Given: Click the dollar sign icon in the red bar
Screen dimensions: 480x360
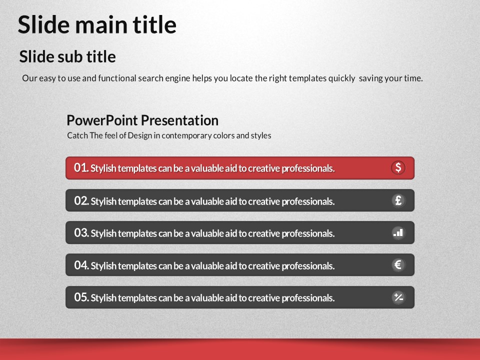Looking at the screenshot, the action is pyautogui.click(x=398, y=168).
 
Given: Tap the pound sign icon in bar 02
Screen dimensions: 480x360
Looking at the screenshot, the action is pyautogui.click(x=398, y=200).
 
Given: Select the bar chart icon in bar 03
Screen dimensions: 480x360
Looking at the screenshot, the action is pyautogui.click(x=398, y=233).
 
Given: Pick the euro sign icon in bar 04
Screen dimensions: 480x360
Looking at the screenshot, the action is pyautogui.click(x=398, y=265).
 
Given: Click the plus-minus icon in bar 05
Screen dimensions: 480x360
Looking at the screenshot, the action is pyautogui.click(x=398, y=297).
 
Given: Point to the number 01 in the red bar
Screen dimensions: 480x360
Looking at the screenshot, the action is pyautogui.click(x=81, y=168).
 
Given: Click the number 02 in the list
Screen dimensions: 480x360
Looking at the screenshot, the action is pyautogui.click(x=81, y=201).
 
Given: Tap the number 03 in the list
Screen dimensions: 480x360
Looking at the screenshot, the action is pyautogui.click(x=81, y=233).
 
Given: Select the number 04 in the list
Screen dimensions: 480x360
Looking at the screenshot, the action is pyautogui.click(x=81, y=265).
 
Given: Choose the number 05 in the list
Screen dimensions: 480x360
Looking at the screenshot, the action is pyautogui.click(x=81, y=297).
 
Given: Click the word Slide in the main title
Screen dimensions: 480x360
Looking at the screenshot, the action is pyautogui.click(x=44, y=24).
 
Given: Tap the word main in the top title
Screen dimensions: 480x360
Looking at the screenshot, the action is pyautogui.click(x=101, y=25).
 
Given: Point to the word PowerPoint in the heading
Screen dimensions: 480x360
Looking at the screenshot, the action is pyautogui.click(x=102, y=120).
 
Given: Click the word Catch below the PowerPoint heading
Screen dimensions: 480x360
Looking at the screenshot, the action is pyautogui.click(x=77, y=135).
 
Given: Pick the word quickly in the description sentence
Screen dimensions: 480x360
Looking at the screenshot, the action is pyautogui.click(x=341, y=78).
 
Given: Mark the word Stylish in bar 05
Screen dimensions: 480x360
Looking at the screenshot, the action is pyautogui.click(x=103, y=298).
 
